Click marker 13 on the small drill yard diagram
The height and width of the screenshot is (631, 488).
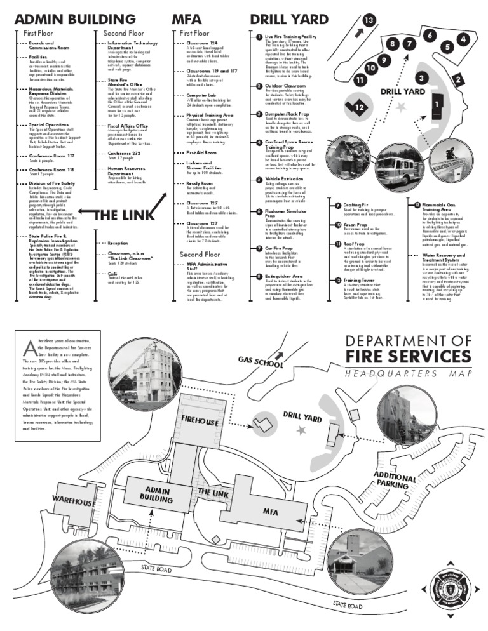[x=369, y=20]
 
